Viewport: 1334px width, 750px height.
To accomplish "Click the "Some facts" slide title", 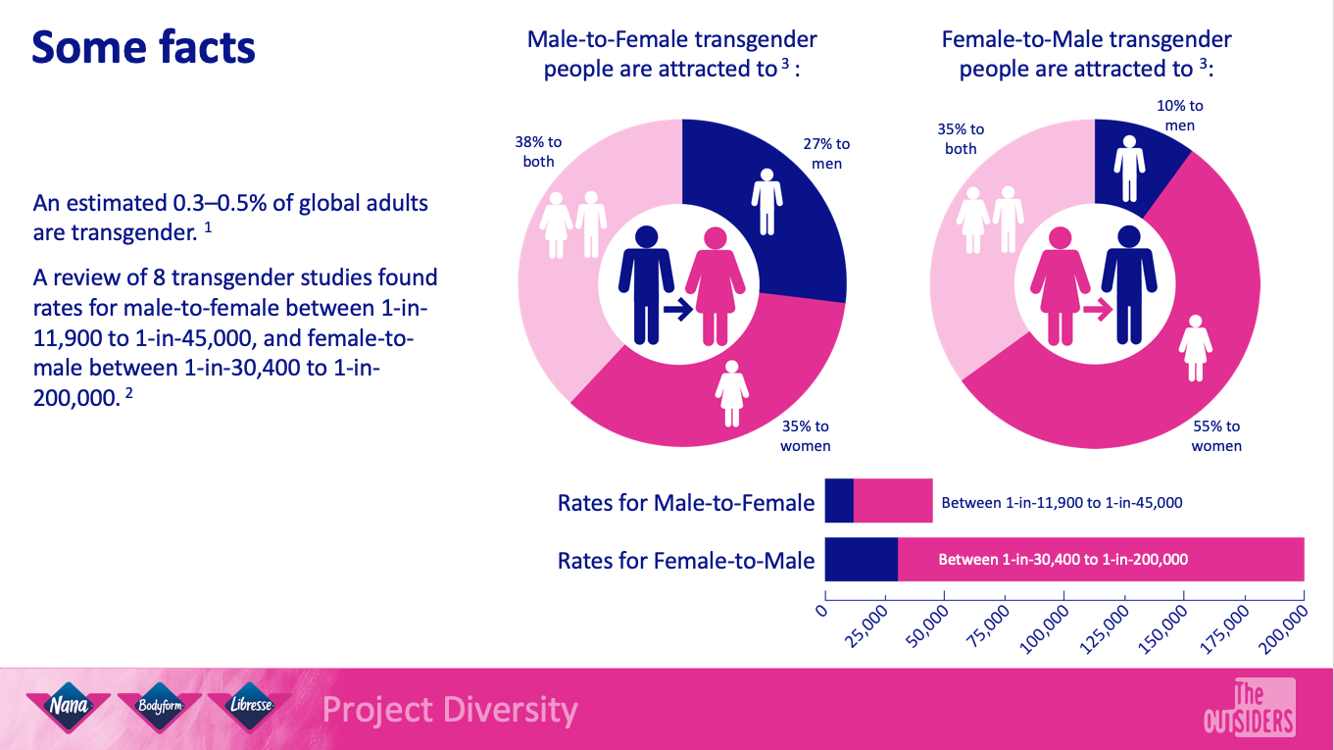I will coord(144,47).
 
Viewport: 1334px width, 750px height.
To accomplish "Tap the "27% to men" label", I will coord(826,154).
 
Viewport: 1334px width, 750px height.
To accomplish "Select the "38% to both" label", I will coord(538,152).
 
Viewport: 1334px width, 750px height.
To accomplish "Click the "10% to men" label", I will coord(1180,115).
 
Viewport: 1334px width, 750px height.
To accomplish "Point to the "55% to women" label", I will coord(1216,436).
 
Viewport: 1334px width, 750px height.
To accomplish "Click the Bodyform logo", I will coord(159,706).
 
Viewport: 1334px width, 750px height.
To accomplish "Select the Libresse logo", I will coord(251,706).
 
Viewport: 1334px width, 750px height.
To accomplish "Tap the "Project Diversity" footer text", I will coord(450,709).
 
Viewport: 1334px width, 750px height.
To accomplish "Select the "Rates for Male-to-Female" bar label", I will coord(686,503).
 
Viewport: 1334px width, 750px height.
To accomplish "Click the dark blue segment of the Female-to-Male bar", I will coord(861,560).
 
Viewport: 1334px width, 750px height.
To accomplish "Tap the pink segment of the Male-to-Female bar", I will coord(893,501).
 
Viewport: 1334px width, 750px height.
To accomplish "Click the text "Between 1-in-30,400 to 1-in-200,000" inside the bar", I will coord(1063,560).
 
